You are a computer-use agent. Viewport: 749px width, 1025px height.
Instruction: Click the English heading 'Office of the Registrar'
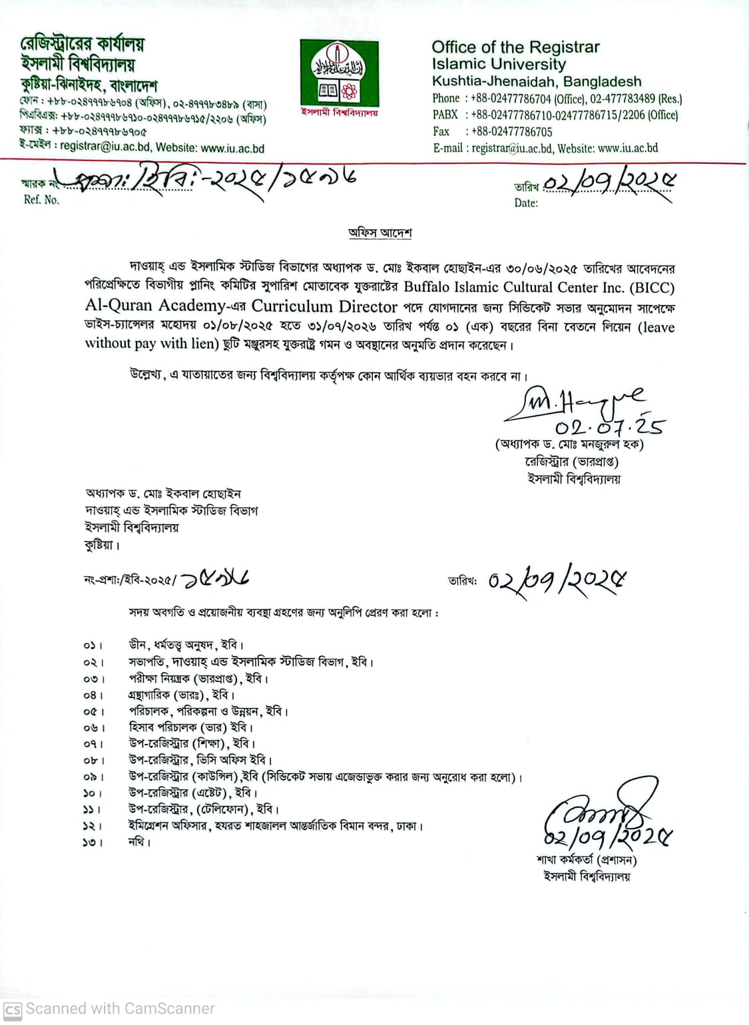[x=515, y=47]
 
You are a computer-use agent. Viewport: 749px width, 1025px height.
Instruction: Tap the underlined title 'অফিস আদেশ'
[x=380, y=233]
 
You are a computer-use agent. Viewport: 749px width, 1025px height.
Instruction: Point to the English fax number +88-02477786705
[x=511, y=132]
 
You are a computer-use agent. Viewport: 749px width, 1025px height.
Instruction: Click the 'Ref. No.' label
[x=41, y=200]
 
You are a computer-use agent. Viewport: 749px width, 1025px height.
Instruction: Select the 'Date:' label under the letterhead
[x=526, y=202]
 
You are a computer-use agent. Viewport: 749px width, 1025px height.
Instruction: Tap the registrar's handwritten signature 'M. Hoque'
[x=573, y=405]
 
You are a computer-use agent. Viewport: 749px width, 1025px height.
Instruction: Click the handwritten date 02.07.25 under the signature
[x=609, y=426]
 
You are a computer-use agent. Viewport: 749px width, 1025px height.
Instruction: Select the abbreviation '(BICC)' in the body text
[x=652, y=288]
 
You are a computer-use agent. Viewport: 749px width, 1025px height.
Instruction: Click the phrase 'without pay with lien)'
[x=152, y=344]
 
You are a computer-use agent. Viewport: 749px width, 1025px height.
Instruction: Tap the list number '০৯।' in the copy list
[x=93, y=777]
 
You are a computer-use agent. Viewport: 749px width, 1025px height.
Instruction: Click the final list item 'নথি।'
[x=140, y=843]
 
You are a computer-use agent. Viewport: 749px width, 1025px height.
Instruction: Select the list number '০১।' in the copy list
[x=93, y=645]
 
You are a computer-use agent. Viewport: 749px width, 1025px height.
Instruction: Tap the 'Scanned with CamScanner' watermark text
[x=120, y=1009]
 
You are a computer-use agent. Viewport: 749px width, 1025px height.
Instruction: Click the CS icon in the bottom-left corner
[x=13, y=1010]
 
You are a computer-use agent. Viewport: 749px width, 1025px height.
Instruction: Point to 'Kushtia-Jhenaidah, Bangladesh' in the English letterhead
[x=537, y=82]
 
